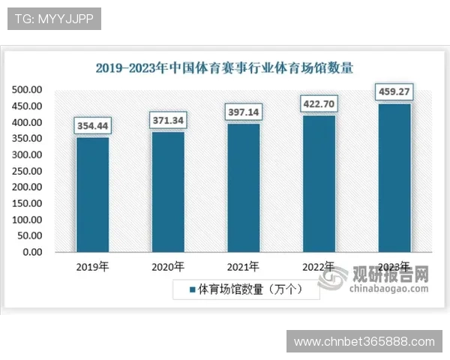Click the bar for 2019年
(93, 194)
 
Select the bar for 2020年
(168, 191)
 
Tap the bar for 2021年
(244, 187)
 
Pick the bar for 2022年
(319, 183)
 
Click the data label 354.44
(93, 125)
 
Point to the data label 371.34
(168, 120)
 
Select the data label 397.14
(244, 112)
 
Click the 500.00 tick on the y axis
(27, 90)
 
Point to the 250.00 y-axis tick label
(27, 171)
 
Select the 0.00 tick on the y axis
(32, 252)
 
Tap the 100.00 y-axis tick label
(27, 220)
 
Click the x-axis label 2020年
(168, 266)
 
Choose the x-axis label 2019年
(93, 266)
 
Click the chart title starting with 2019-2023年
(225, 67)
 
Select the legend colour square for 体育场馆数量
(192, 289)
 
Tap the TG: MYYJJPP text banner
(54, 19)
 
